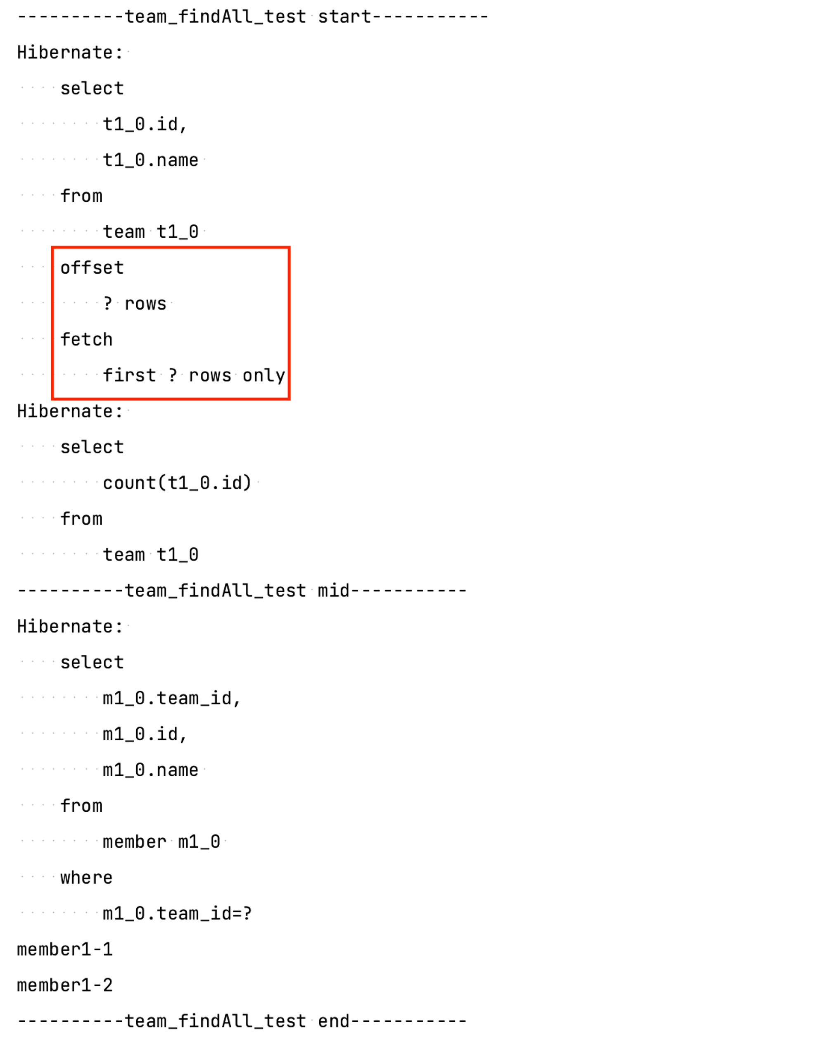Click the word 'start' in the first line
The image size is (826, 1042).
pos(344,17)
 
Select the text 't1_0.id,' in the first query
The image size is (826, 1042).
pos(145,125)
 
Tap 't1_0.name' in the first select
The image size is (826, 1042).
pos(150,160)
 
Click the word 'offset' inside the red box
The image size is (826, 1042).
pos(92,268)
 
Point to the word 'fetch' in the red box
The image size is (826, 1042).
pos(86,340)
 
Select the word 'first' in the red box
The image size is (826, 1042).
pos(129,376)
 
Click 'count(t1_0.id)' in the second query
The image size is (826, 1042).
pos(177,483)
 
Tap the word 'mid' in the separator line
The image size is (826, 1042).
pos(333,591)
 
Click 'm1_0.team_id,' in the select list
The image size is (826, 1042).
pos(171,699)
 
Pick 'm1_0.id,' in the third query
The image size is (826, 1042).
pos(145,734)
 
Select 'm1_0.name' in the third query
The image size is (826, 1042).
pos(150,770)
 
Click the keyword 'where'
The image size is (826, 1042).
pos(86,877)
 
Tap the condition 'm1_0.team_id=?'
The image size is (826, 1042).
pos(177,913)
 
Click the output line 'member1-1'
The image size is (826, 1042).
pos(65,949)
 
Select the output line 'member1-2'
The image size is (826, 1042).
pos(65,985)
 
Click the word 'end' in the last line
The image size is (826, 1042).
pos(333,1021)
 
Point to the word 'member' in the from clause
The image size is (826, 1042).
pos(134,842)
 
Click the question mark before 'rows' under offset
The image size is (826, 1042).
pos(108,303)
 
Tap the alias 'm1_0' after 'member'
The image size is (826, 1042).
pos(199,842)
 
